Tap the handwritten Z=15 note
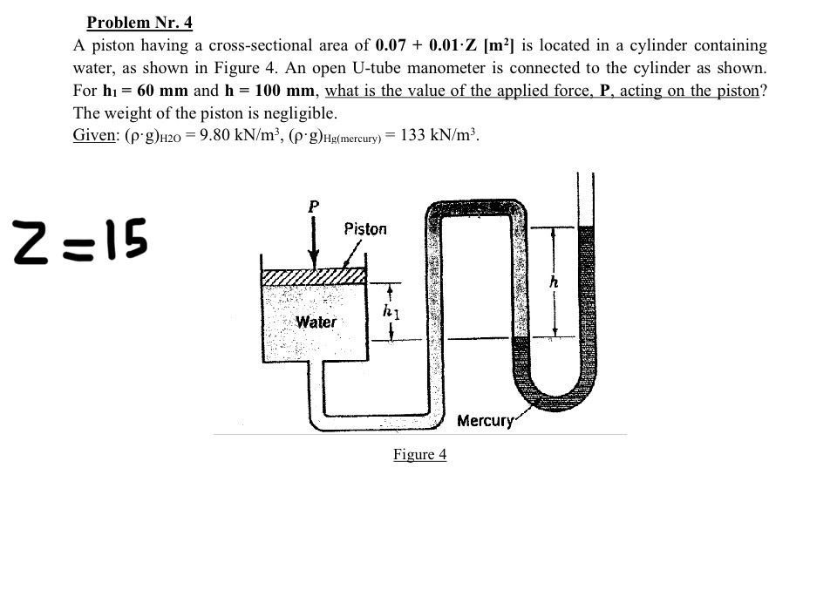tap(79, 238)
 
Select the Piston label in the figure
tap(364, 229)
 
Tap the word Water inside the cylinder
tap(316, 322)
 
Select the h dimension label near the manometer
tap(552, 282)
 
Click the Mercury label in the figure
tap(485, 421)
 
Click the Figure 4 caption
tap(419, 454)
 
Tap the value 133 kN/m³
tap(439, 136)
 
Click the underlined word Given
tap(96, 136)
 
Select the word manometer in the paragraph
tap(606, 68)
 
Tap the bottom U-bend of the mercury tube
tap(561, 397)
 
